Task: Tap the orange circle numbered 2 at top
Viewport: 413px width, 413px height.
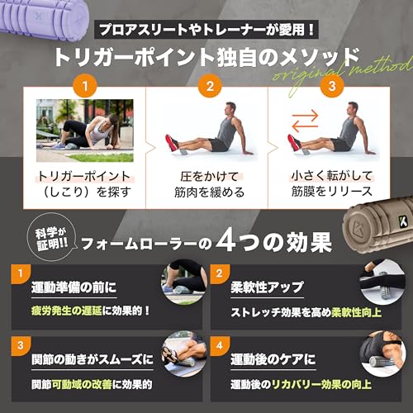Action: coord(209,84)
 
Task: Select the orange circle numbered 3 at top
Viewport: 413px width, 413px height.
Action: coord(330,84)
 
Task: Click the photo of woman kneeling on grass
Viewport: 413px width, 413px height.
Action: coord(85,130)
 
